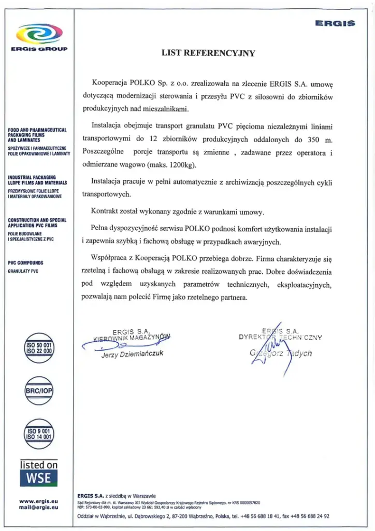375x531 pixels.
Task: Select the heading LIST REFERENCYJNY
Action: [208, 53]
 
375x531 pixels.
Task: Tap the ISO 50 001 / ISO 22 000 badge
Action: [39, 347]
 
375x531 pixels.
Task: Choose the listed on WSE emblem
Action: [39, 472]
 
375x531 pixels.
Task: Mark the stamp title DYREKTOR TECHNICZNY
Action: [280, 337]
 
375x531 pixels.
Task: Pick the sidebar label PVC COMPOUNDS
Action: [25, 263]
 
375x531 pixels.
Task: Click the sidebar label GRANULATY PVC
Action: [23, 271]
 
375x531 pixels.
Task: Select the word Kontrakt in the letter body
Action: [106, 212]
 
